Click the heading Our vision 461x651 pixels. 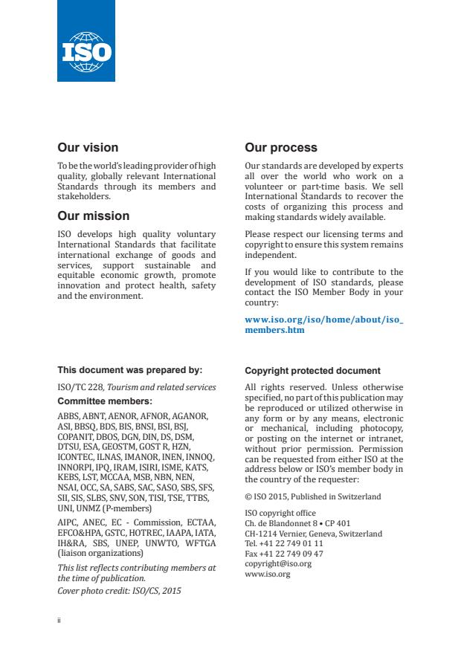[x=88, y=148]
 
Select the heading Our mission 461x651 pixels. [x=93, y=216]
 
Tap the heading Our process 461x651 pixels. [x=281, y=148]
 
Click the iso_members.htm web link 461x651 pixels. [x=323, y=325]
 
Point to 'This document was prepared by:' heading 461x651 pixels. [x=129, y=370]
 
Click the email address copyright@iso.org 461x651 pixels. [x=278, y=564]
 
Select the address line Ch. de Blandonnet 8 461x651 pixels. [x=297, y=523]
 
